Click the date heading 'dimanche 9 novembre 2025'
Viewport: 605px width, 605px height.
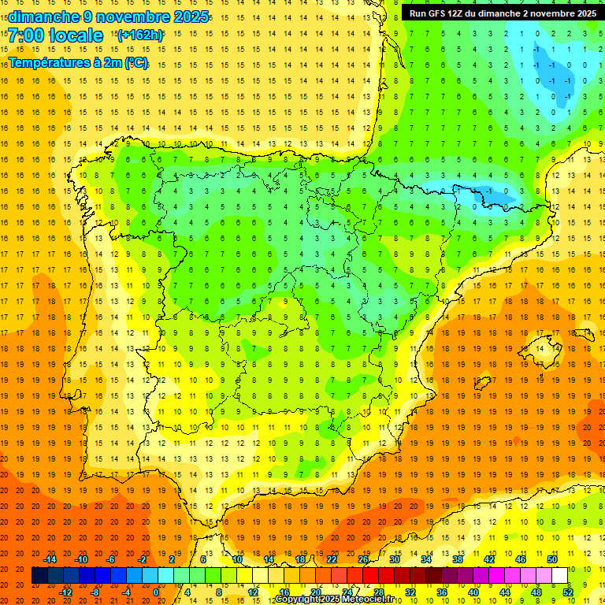pyautogui.click(x=109, y=17)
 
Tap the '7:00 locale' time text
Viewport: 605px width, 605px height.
pyautogui.click(x=56, y=35)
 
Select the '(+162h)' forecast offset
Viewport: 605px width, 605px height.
pyautogui.click(x=140, y=35)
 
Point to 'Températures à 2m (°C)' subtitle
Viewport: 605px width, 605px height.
pyautogui.click(x=78, y=63)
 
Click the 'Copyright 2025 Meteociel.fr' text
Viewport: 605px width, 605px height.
pyautogui.click(x=334, y=599)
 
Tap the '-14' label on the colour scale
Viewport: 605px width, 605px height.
pyautogui.click(x=51, y=559)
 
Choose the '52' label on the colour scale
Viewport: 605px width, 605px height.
pyautogui.click(x=567, y=592)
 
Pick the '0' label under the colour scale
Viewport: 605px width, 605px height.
pyautogui.click(x=156, y=592)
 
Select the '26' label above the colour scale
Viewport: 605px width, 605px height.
pyautogui.click(x=363, y=559)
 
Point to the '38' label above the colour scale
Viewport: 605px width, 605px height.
pyautogui.click(x=458, y=559)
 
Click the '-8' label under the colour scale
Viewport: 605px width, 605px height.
pyautogui.click(x=95, y=592)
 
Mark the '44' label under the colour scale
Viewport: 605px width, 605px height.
pyautogui.click(x=505, y=592)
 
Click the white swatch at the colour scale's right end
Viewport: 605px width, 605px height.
pyautogui.click(x=559, y=576)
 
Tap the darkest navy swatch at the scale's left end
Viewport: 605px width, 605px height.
pyautogui.click(x=39, y=576)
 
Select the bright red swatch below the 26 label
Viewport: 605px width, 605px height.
pyautogui.click(x=370, y=576)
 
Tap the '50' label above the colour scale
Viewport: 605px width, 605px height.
pyautogui.click(x=551, y=559)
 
